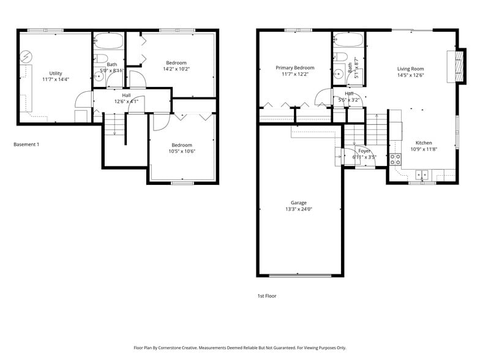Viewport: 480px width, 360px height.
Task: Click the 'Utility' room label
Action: [56, 73]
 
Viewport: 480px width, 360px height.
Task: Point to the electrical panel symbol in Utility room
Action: [25, 57]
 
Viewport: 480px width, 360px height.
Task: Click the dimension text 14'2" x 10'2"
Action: [177, 69]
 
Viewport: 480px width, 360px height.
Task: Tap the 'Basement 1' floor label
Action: [26, 144]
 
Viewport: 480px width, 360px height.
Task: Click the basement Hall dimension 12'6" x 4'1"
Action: [126, 102]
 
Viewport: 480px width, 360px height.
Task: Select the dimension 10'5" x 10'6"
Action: [182, 151]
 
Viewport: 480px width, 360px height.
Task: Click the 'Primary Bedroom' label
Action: [294, 68]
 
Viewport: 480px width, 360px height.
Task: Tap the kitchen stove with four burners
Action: [396, 159]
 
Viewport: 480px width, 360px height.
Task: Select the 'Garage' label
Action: [299, 203]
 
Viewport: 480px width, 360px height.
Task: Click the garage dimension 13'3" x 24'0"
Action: [299, 209]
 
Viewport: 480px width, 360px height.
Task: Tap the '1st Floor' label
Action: [267, 296]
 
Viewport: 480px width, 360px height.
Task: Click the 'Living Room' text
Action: [410, 69]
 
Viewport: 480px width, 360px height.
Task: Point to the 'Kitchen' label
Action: [424, 143]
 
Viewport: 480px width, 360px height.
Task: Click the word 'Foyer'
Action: [364, 151]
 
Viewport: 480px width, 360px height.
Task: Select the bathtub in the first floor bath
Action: [349, 42]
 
